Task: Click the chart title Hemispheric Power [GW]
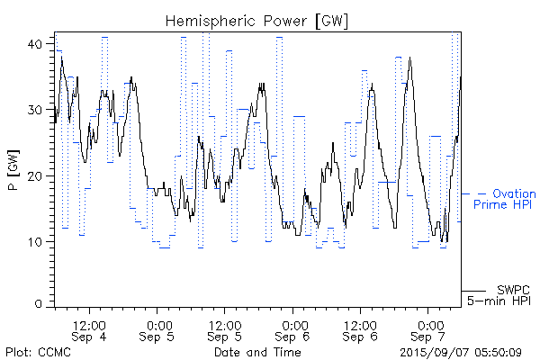[x=257, y=20]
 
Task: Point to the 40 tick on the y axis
[x=39, y=44]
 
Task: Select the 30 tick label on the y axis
[x=39, y=110]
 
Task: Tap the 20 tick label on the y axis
[x=39, y=176]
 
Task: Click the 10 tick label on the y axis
[x=39, y=242]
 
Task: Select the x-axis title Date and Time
[x=256, y=351]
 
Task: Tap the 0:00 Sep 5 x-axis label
[x=158, y=330]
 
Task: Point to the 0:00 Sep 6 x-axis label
[x=293, y=330]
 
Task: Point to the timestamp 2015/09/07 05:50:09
[x=460, y=351]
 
